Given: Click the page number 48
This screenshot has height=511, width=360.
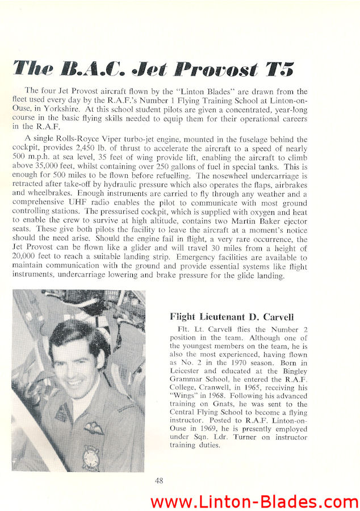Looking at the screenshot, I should click(160, 480).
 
